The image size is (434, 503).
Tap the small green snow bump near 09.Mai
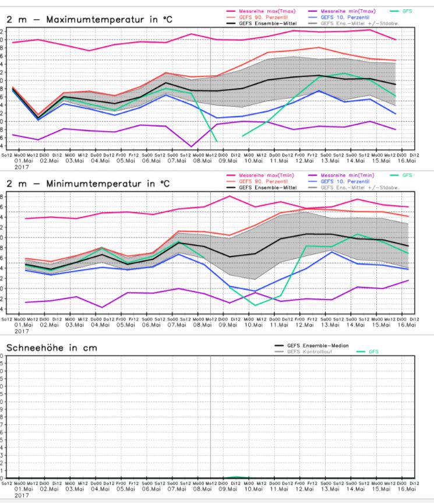[234, 477]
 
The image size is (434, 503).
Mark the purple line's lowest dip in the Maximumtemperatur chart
[192, 146]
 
